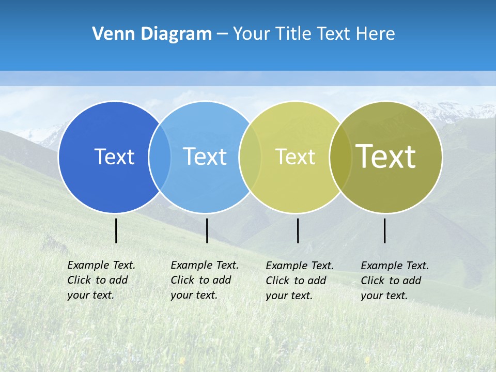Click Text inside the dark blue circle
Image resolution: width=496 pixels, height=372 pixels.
point(114,157)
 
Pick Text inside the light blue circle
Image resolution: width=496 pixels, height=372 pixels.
point(205,157)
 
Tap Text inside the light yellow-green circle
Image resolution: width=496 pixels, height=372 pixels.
point(295,157)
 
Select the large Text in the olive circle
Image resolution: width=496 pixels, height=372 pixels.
point(385,157)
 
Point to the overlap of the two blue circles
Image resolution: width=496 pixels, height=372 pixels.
point(160,157)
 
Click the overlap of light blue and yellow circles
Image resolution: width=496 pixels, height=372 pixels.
point(250,157)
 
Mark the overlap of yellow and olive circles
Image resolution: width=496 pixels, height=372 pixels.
point(340,157)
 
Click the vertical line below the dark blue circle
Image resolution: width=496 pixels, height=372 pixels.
point(116,230)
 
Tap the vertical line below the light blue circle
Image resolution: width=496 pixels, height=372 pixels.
point(207,230)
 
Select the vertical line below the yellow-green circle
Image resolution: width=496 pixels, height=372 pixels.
point(298,230)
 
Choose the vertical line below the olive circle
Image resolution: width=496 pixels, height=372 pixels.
point(384,230)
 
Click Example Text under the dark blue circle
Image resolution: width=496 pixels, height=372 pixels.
point(101,265)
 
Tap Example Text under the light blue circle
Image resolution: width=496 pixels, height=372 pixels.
point(205,265)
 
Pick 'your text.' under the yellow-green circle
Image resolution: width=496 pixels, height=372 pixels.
point(289,296)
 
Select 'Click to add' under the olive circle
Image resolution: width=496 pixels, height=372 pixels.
point(391,281)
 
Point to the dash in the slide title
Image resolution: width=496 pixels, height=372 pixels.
point(222,34)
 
